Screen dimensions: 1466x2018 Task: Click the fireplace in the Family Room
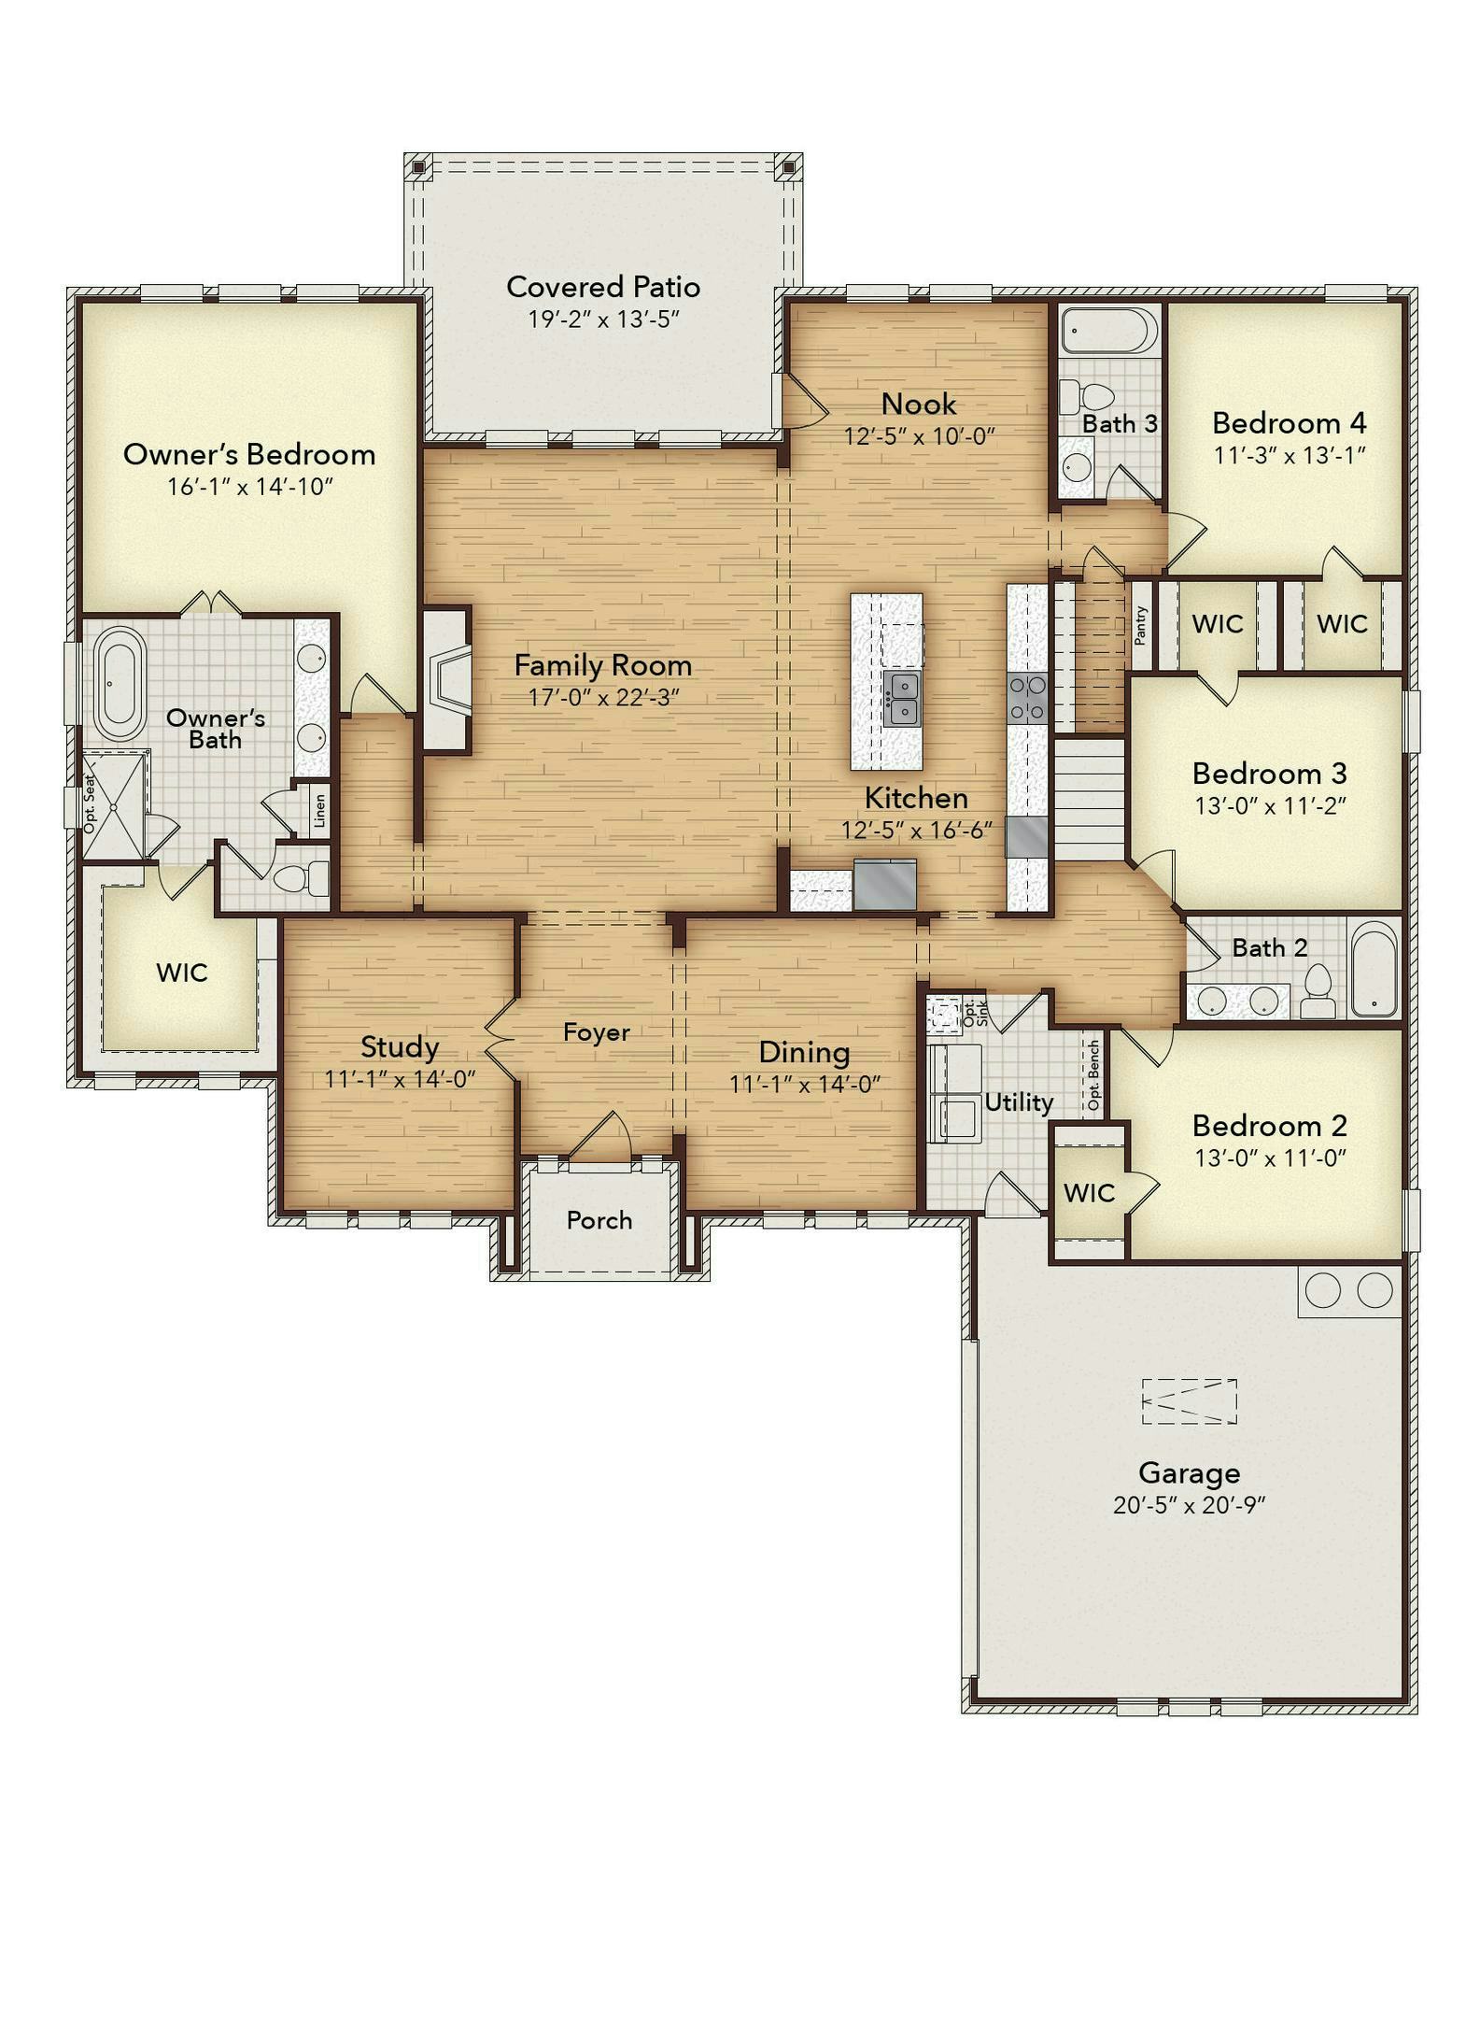[x=447, y=678]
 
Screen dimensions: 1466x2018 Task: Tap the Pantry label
[x=1141, y=625]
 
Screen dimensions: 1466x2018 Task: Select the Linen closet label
[x=319, y=810]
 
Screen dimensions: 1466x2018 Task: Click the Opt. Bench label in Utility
[x=1093, y=1075]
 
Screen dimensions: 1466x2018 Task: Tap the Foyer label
[x=597, y=1032]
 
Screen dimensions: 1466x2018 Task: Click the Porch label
[x=599, y=1220]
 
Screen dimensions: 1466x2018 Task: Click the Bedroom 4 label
[x=1289, y=423]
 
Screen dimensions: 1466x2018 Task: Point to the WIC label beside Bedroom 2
[x=1089, y=1193]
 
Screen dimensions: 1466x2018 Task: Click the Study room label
[x=400, y=1048]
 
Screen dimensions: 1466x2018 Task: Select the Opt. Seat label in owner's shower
[x=91, y=803]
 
